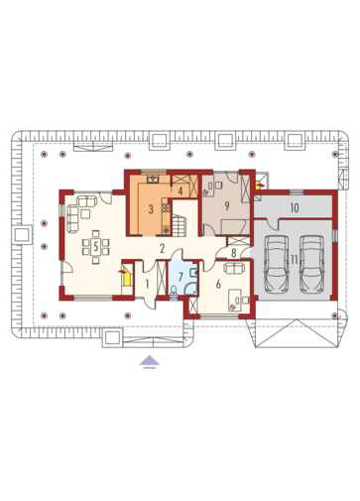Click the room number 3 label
tap(151, 209)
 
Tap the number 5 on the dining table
tap(96, 246)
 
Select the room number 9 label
tap(227, 206)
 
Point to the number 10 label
tap(295, 207)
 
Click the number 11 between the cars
tap(295, 260)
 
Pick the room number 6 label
tap(218, 284)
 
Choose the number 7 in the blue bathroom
tap(180, 277)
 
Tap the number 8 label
tap(234, 253)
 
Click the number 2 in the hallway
tap(162, 249)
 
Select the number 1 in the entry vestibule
tap(148, 284)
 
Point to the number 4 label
tap(180, 191)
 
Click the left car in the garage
tap(276, 264)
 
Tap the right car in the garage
tap(311, 264)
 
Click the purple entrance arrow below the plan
tap(149, 361)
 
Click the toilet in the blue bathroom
tap(174, 290)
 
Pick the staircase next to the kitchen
tap(179, 225)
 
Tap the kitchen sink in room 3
tap(153, 180)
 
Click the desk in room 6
tap(235, 300)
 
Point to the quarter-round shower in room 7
tap(190, 288)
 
